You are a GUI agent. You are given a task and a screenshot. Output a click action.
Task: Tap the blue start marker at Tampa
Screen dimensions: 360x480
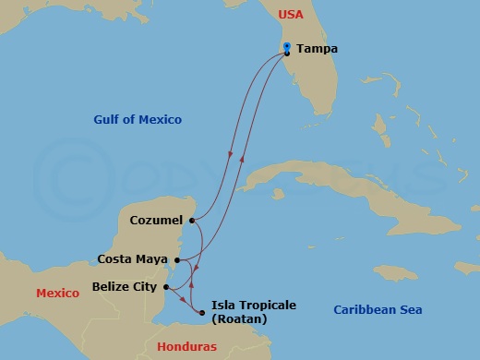[x=287, y=46]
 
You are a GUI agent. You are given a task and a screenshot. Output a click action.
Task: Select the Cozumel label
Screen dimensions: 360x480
[x=156, y=221]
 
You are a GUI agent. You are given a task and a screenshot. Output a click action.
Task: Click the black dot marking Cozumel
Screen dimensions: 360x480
[x=191, y=221]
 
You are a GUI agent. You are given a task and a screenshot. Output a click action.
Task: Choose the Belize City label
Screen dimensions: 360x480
[x=125, y=287]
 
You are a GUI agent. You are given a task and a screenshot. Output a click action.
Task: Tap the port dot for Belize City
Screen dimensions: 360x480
[x=165, y=287]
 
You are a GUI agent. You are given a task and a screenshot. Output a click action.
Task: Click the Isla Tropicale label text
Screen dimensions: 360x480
[x=255, y=305]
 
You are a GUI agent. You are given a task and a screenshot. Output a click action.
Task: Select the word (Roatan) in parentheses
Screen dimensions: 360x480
[x=239, y=319]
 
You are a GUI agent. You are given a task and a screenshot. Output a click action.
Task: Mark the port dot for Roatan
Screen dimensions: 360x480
[x=201, y=312]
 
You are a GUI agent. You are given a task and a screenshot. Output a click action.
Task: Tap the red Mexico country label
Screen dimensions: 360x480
[x=58, y=294]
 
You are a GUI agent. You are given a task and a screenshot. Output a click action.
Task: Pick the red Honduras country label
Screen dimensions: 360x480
[x=186, y=346]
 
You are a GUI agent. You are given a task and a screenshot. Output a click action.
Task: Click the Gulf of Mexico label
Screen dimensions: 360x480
[x=138, y=119]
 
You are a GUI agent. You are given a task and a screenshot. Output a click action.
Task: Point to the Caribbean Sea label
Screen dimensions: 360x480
[x=377, y=311]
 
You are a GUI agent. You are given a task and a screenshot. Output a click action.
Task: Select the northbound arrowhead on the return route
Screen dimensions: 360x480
[x=243, y=158]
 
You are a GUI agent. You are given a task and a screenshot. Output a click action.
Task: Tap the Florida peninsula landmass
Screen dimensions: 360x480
[x=309, y=83]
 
